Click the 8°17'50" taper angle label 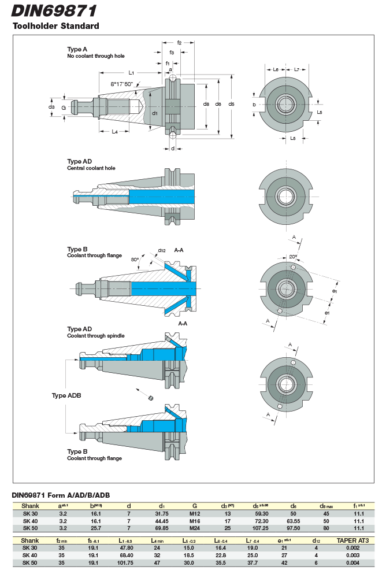pyautogui.click(x=122, y=84)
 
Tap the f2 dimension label pyautogui.click(x=180, y=43)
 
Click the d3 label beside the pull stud pyautogui.click(x=51, y=107)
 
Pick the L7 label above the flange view pyautogui.click(x=296, y=69)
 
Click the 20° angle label pyautogui.click(x=293, y=256)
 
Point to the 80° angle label pyautogui.click(x=135, y=260)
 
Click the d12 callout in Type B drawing pyautogui.click(x=162, y=251)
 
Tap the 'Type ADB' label pyautogui.click(x=66, y=395)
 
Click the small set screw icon pyautogui.click(x=150, y=398)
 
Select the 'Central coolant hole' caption pyautogui.click(x=91, y=168)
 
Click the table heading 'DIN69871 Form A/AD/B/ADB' pyautogui.click(x=61, y=495)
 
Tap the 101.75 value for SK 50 pyautogui.click(x=125, y=562)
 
